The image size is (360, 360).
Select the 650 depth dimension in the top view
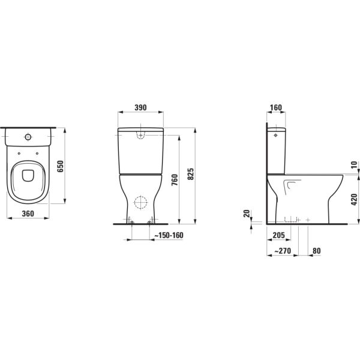coord(59,167)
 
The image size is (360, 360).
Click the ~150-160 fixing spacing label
coord(169,236)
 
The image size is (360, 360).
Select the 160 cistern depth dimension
coord(275,108)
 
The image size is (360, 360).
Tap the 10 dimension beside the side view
coord(354,164)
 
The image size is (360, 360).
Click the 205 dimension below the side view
coord(277,236)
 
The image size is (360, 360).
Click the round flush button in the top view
coord(28,137)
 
